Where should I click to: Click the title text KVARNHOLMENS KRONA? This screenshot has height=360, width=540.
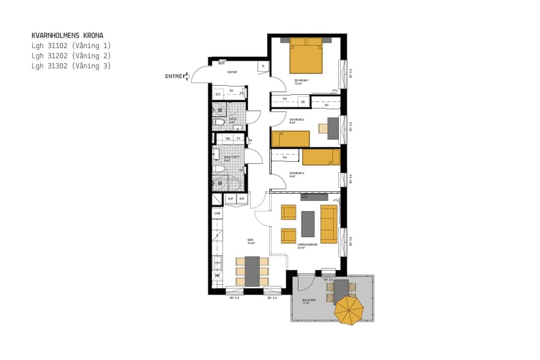[67, 35]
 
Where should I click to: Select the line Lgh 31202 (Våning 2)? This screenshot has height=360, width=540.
[71, 56]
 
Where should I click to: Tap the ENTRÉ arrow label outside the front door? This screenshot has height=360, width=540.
[176, 76]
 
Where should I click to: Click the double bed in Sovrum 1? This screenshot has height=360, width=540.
[306, 57]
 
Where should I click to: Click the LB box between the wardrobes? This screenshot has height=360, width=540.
[303, 101]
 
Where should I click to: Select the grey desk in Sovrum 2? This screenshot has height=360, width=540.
[333, 128]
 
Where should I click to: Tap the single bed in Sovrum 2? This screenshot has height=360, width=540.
[290, 139]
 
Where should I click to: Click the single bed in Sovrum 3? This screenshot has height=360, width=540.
[321, 157]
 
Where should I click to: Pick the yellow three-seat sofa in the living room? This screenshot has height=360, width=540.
[328, 223]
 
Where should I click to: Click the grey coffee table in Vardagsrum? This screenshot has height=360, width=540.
[308, 224]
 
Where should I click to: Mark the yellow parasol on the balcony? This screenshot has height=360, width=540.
[349, 311]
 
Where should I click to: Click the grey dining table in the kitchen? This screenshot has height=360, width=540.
[252, 271]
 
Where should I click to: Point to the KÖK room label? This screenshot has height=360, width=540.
[251, 241]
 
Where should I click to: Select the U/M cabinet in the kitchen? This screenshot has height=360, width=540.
[217, 213]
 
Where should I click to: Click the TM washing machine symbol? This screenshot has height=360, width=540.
[227, 139]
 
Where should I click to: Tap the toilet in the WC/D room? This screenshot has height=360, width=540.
[220, 122]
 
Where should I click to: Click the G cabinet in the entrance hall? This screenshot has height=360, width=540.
[263, 66]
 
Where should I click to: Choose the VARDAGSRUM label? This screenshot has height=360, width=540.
[307, 245]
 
